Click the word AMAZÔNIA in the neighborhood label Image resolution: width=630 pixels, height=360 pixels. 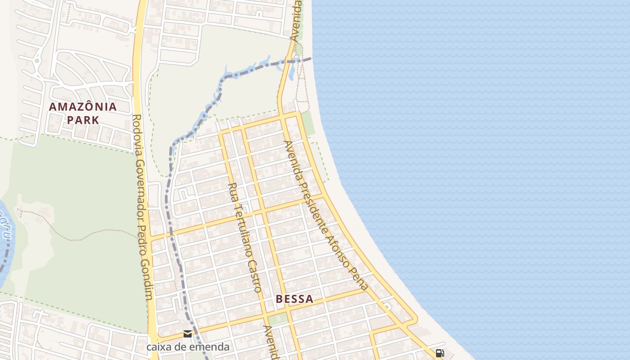pos(83,107)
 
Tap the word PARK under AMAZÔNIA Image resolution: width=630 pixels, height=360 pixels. pos(83,120)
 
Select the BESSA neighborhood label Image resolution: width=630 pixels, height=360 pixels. pos(294,299)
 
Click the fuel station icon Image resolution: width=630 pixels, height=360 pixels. pos(440,353)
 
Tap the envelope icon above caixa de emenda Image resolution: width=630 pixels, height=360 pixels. pos(188,334)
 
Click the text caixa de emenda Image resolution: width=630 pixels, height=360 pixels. pos(188,347)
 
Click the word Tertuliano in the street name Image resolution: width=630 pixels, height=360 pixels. pos(241,228)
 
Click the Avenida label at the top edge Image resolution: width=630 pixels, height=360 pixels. pos(296,20)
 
